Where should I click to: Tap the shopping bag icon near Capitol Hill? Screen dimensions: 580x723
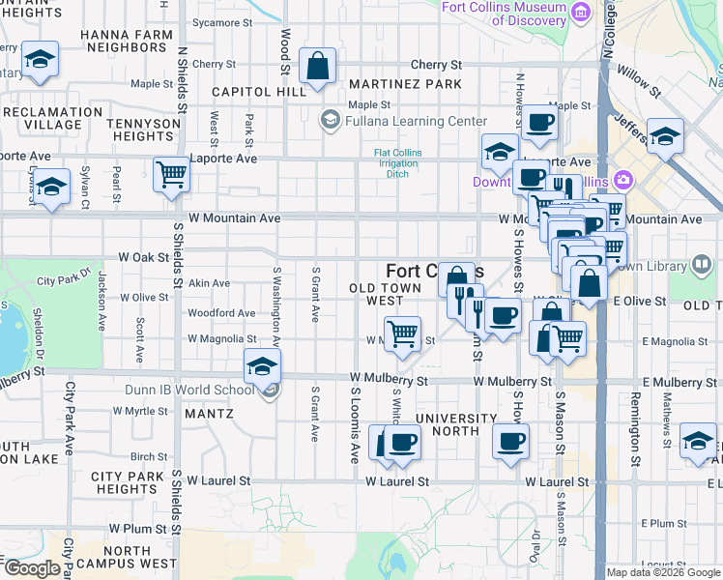pyautogui.click(x=317, y=68)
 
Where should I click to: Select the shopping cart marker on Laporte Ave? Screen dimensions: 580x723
pyautogui.click(x=171, y=176)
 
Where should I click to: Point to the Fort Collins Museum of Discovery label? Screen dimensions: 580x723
pyautogui.click(x=504, y=14)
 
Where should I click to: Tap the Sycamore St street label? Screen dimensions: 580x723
pyautogui.click(x=221, y=22)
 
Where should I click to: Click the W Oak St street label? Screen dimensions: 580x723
pyautogui.click(x=143, y=258)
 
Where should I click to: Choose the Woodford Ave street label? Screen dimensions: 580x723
pyautogui.click(x=221, y=313)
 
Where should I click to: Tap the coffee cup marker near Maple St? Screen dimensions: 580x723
pyautogui.click(x=539, y=122)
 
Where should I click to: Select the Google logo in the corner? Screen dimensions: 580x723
pyautogui.click(x=31, y=568)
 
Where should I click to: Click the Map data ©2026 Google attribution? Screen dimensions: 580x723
pyautogui.click(x=663, y=572)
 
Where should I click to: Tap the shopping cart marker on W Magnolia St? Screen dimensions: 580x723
pyautogui.click(x=402, y=334)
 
